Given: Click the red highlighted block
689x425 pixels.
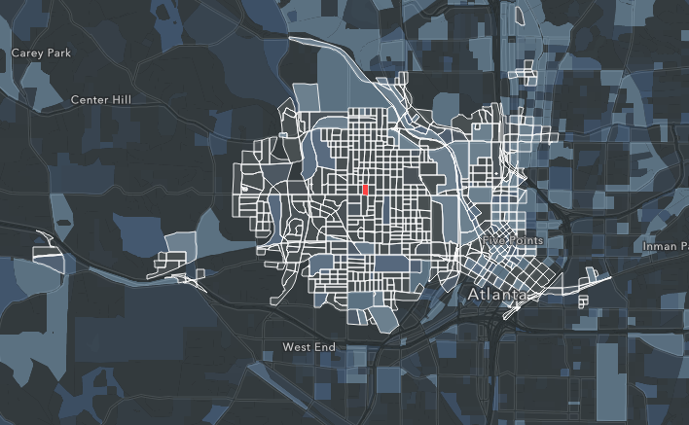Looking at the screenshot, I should tap(364, 191).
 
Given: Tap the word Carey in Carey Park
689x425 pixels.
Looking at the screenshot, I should tap(26, 52).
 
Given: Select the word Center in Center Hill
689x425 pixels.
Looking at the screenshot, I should tap(93, 99).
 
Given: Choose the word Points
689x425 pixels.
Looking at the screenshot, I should tap(525, 240).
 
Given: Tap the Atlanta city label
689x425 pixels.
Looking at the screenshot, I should tap(497, 293).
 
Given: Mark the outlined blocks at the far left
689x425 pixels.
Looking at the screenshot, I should tap(47, 255).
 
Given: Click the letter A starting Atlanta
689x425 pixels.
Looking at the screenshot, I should tap(475, 293).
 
